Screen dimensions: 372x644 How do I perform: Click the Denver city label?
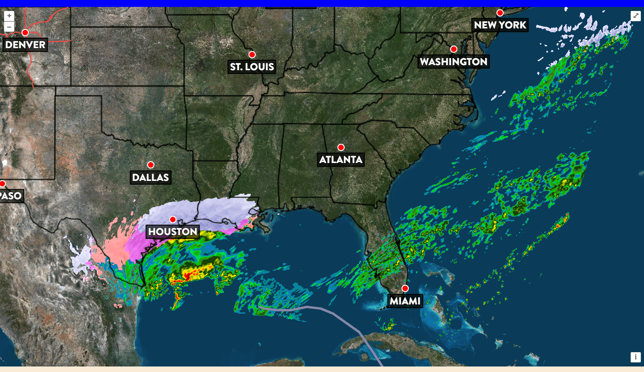[26, 45]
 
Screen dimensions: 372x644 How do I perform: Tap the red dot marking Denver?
[25, 33]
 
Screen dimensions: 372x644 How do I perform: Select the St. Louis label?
[252, 67]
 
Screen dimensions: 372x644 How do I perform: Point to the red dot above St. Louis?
[252, 55]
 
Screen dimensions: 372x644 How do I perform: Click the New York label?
[500, 25]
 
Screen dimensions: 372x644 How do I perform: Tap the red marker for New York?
[500, 13]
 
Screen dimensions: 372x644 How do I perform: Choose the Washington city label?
[453, 62]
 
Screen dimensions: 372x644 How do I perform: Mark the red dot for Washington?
[454, 49]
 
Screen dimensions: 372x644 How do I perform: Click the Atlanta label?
[341, 160]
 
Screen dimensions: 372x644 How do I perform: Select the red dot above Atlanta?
[341, 147]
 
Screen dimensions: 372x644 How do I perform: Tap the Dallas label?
[150, 177]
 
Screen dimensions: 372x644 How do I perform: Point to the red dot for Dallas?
[150, 165]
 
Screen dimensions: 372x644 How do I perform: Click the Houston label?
[173, 231]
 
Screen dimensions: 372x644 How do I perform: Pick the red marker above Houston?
[173, 219]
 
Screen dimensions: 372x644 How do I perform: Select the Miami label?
[405, 301]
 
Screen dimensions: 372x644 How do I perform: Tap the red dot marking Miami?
[405, 288]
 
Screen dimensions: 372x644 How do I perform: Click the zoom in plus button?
[9, 15]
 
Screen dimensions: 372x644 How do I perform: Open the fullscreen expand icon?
[636, 16]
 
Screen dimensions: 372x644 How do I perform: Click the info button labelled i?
[635, 357]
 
